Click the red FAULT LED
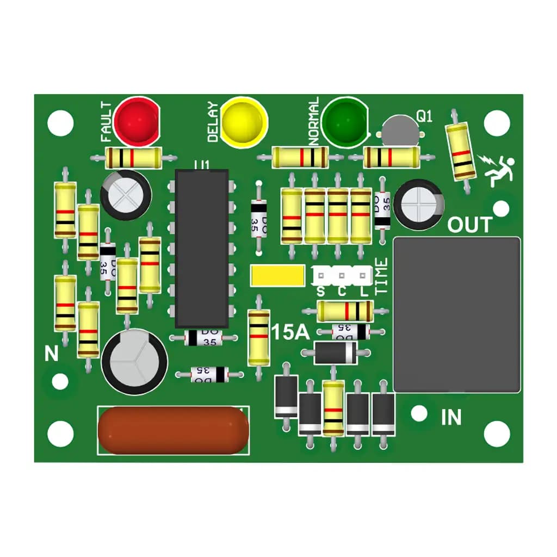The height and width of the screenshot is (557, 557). pos(137,121)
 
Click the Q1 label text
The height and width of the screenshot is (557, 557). pos(424,116)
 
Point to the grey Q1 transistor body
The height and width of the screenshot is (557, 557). pos(400,131)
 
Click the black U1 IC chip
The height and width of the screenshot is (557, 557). pos(201,248)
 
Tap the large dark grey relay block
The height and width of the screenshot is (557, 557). pos(457,315)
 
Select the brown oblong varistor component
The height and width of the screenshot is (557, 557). pos(174,430)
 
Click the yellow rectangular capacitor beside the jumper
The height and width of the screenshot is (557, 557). pos(277,275)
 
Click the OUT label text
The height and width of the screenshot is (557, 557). pos(469,225)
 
